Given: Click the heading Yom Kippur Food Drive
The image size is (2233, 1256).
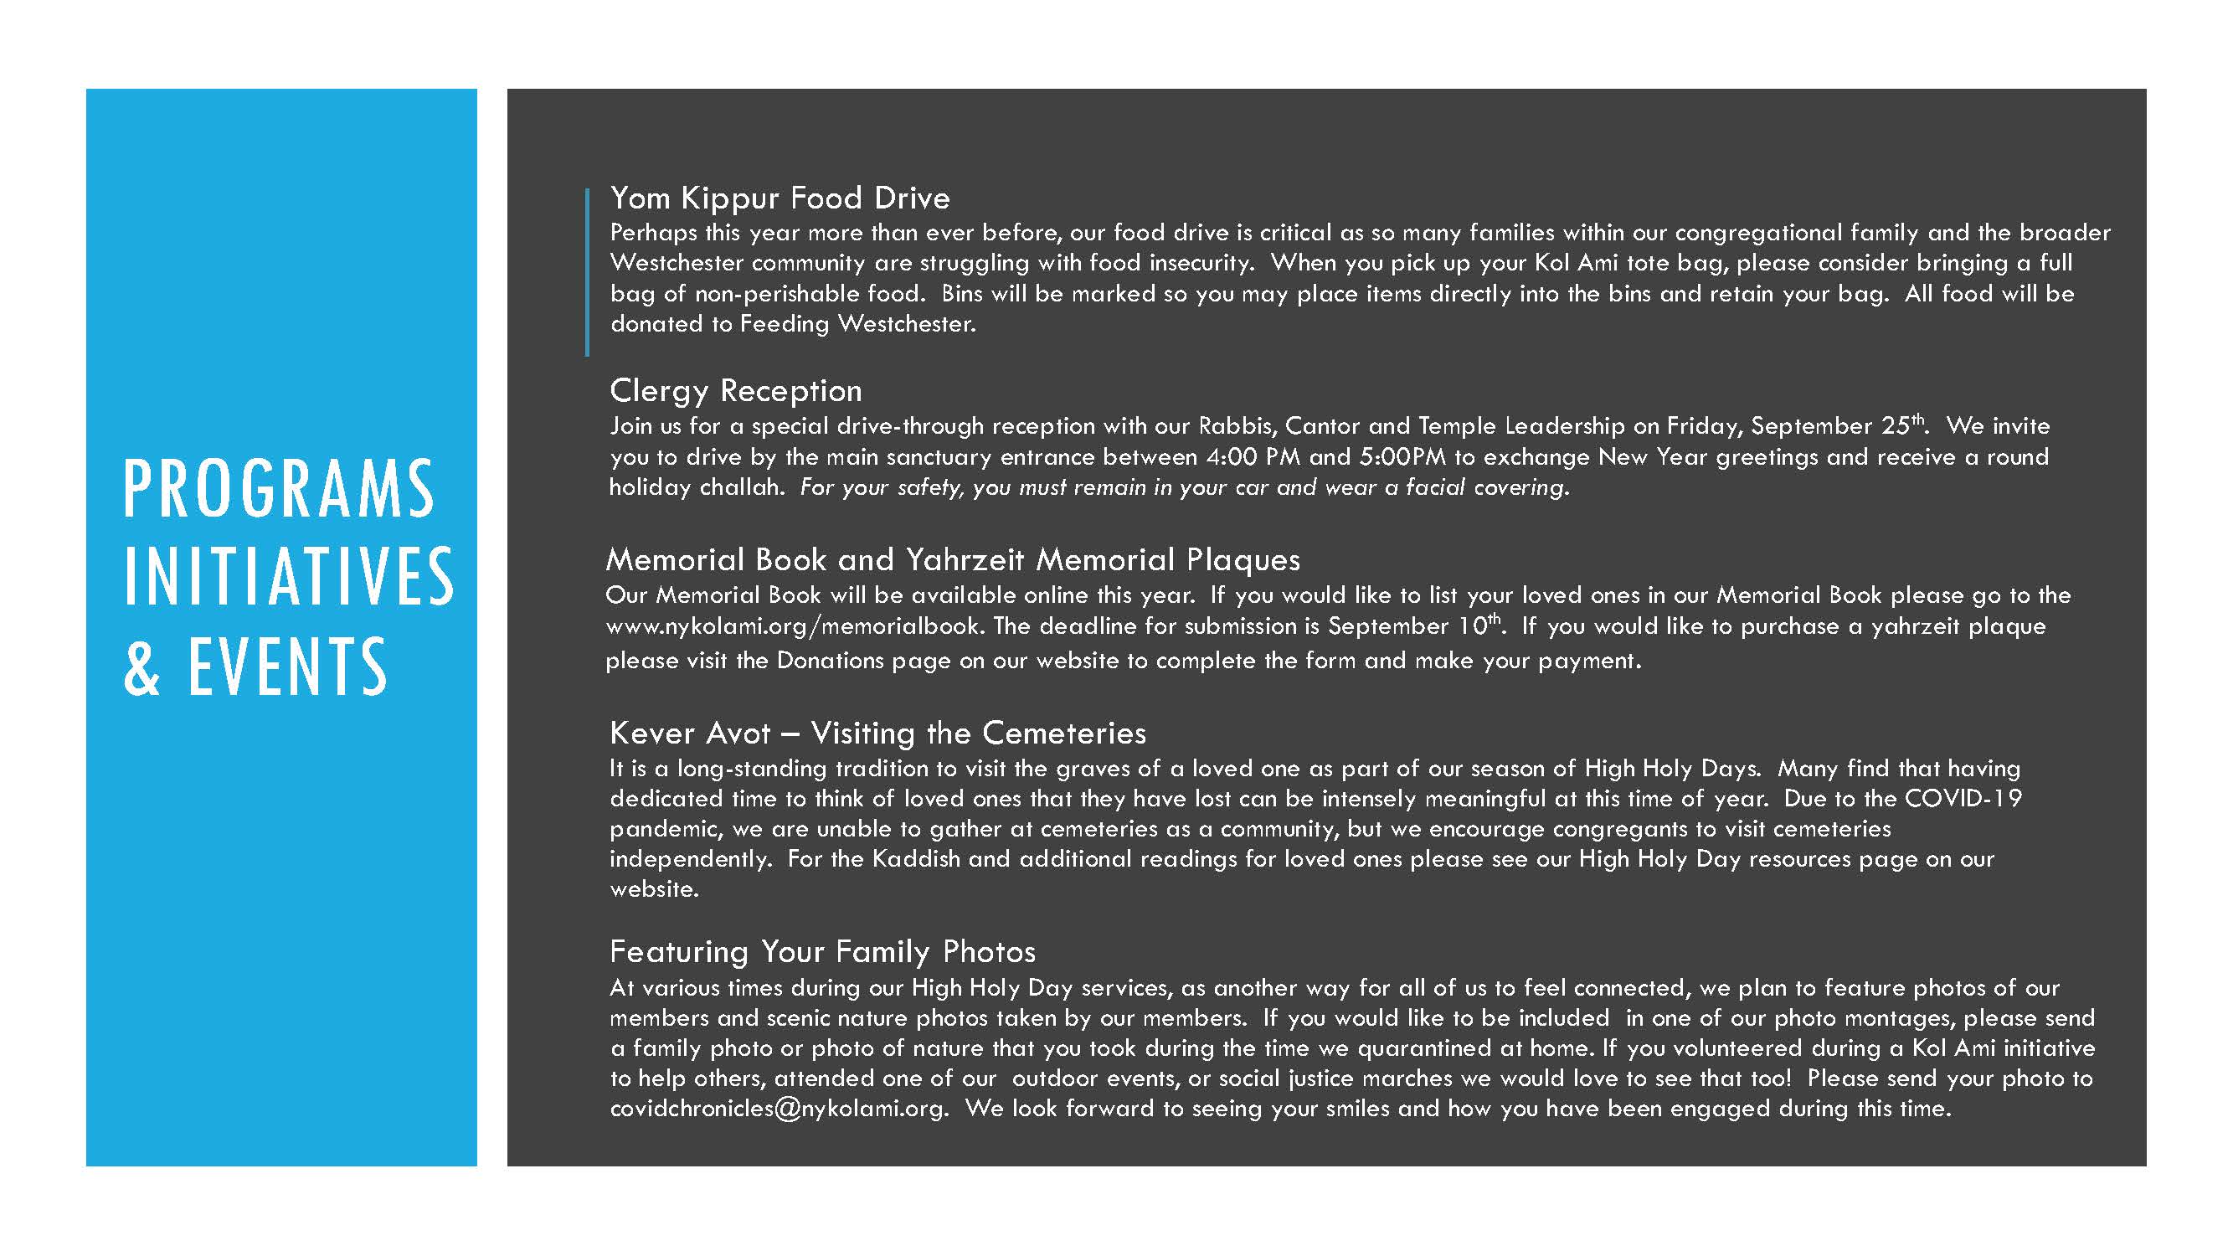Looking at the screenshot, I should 779,198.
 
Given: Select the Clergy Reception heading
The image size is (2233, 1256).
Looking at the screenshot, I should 735,391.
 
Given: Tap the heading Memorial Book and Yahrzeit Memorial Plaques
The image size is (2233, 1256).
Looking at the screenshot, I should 953,560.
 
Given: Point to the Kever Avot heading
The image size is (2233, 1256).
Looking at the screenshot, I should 877,734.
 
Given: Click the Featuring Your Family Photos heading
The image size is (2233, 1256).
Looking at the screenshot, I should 821,952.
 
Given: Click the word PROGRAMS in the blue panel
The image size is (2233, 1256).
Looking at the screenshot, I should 278,490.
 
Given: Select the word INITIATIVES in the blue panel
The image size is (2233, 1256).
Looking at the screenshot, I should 289,577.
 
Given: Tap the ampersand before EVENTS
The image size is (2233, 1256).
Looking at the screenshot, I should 142,667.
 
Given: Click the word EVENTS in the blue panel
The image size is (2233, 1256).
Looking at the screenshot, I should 288,667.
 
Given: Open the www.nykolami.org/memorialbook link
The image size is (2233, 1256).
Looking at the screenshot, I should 792,626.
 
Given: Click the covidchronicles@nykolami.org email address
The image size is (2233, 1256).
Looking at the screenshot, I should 778,1109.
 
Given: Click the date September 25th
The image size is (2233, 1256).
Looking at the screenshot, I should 1837,425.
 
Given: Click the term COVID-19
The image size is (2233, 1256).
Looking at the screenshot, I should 1963,798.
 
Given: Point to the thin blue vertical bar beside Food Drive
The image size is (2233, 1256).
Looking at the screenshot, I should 587,272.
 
